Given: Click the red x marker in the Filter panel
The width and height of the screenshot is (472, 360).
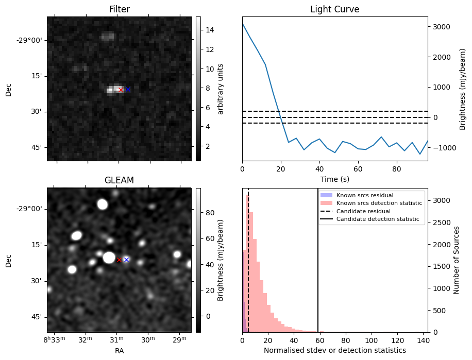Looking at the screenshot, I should click(x=121, y=90).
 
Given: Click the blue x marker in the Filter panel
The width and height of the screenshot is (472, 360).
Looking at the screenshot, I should click(x=128, y=90).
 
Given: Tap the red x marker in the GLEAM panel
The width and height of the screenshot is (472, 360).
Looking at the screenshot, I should click(x=119, y=260).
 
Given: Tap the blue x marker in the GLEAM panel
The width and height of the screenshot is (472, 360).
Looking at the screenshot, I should click(x=126, y=260).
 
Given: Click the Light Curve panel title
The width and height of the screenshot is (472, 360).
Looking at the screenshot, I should click(x=334, y=9).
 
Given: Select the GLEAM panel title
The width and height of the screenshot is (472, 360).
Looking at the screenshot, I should click(x=119, y=180).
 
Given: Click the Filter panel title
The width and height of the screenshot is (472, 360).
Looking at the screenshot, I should click(x=119, y=9).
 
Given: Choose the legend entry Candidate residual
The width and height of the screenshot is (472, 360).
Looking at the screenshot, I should click(x=364, y=212).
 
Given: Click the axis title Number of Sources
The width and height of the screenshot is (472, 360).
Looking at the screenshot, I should click(x=457, y=260).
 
